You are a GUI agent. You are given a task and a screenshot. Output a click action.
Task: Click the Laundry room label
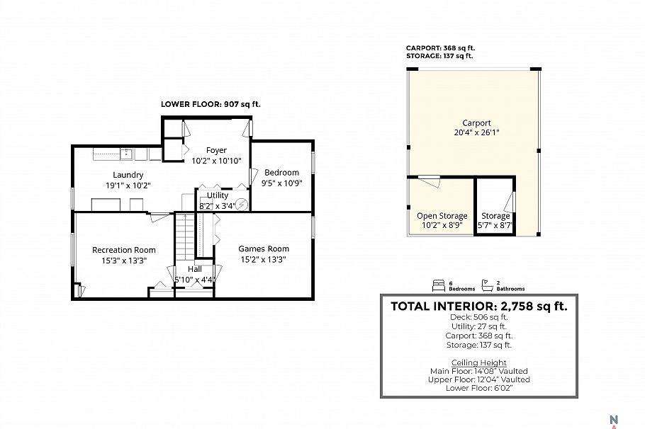(128, 175)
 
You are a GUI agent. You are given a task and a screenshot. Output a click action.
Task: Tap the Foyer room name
(216, 150)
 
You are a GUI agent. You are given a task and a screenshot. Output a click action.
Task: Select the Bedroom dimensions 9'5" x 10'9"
(281, 183)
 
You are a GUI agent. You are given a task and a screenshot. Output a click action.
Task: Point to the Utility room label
(218, 195)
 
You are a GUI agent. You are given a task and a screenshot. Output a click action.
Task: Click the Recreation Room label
(123, 250)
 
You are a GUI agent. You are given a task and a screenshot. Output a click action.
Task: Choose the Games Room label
(263, 248)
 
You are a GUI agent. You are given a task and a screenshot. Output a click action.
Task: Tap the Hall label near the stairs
(194, 269)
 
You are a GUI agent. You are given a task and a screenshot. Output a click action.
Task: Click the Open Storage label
(442, 216)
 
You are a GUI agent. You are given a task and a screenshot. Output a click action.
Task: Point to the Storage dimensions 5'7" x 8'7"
(495, 226)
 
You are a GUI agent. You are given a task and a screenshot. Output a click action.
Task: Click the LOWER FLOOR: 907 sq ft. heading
(211, 104)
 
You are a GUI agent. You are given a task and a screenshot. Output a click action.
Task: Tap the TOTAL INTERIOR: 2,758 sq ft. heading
(479, 306)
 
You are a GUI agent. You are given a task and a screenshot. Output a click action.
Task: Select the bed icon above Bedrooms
(437, 285)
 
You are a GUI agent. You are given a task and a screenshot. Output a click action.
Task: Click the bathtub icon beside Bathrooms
(488, 285)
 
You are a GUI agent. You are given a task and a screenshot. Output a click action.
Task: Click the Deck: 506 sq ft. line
(480, 318)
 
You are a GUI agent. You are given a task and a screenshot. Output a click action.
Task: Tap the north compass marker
(614, 419)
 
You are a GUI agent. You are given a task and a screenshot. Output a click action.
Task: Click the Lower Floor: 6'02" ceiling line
(480, 389)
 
